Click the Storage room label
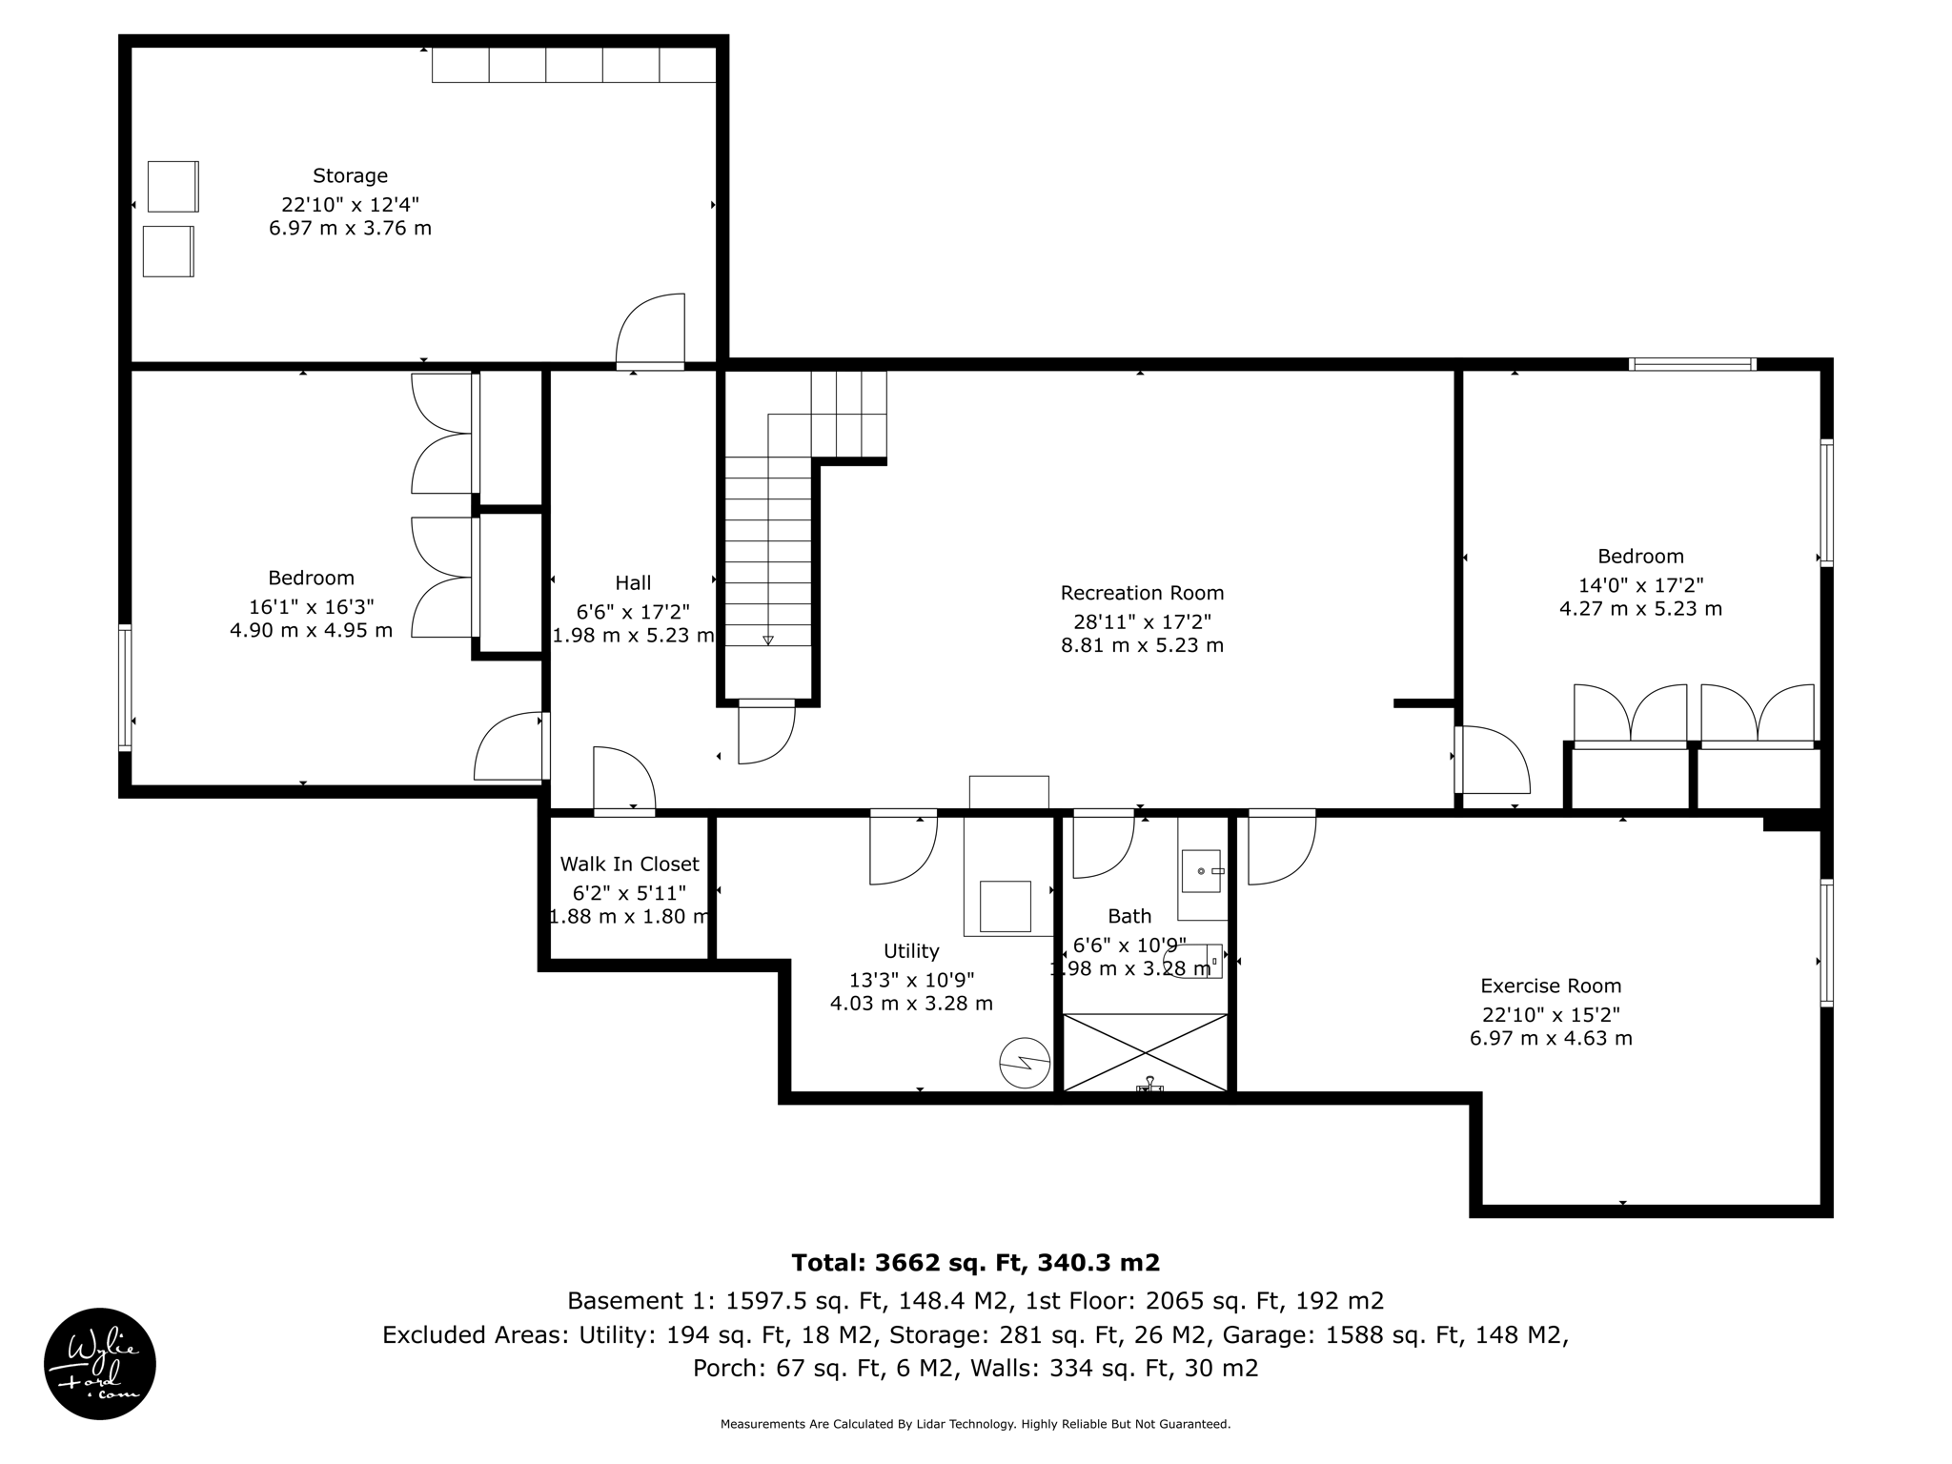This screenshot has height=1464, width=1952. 350,175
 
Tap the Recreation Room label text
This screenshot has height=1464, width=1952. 1142,593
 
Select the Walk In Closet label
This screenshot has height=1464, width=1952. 629,864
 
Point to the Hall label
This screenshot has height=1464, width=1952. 633,582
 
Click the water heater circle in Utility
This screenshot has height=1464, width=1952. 1025,1062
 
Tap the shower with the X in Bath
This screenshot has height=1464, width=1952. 1145,1052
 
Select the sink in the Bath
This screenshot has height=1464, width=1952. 1201,870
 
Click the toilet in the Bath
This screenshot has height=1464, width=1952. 1203,961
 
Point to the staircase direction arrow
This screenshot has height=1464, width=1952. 768,640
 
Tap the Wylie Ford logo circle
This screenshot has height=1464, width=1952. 100,1363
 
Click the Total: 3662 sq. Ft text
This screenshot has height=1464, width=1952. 975,1263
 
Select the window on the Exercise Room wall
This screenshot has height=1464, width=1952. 1826,943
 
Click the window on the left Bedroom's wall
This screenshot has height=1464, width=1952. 125,686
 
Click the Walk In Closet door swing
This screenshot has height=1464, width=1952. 624,781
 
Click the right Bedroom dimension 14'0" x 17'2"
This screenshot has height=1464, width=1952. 1640,585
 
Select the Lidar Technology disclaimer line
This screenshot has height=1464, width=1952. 975,1424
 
